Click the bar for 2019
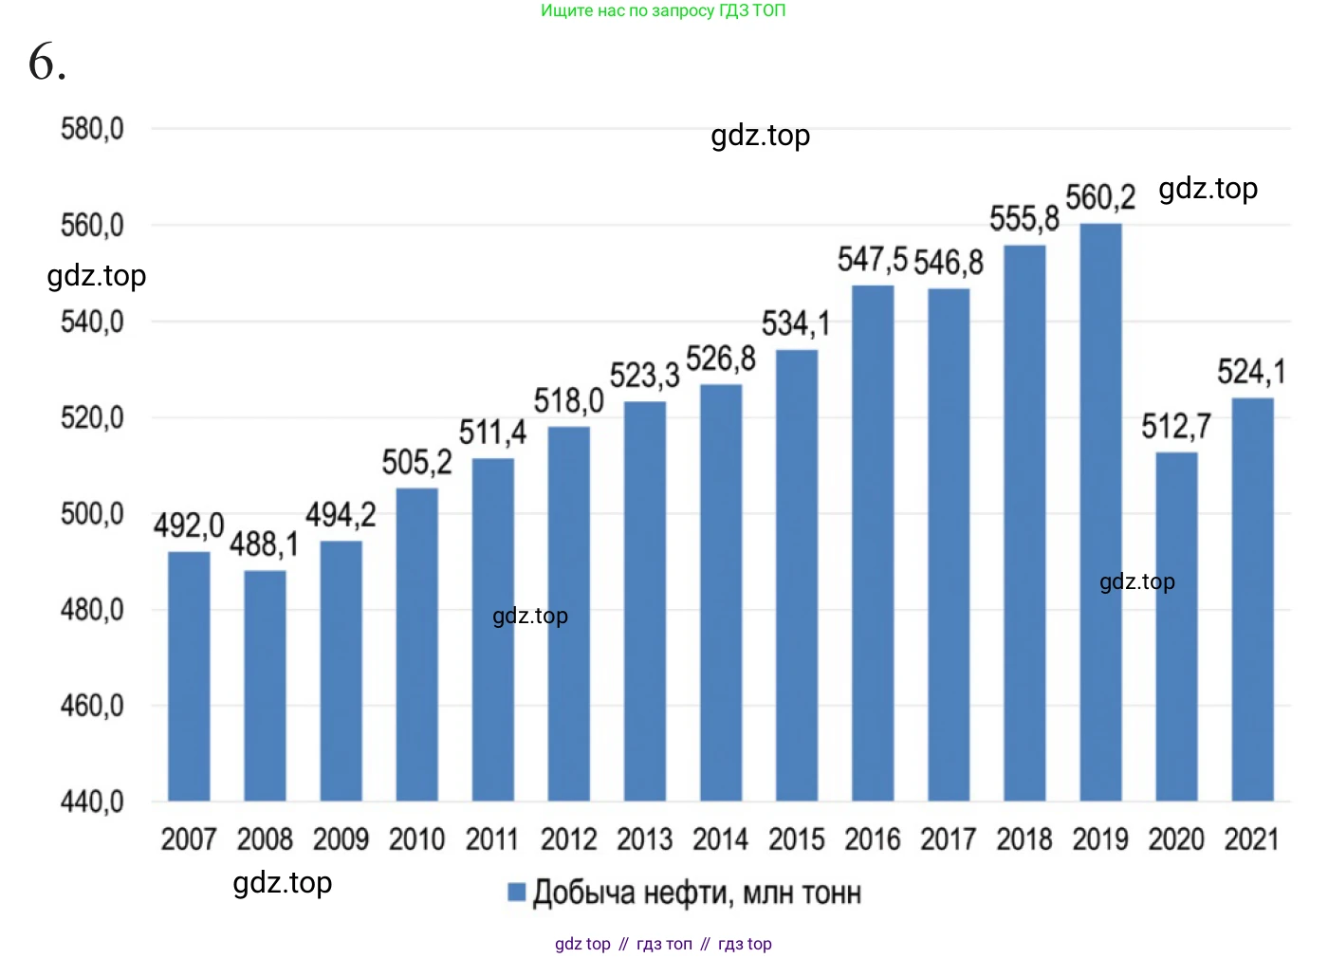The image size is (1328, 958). (x=1100, y=512)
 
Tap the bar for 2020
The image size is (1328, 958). (x=1176, y=626)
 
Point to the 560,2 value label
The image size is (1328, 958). (x=1100, y=198)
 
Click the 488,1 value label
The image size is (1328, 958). (x=264, y=544)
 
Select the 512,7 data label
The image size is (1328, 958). (x=1176, y=427)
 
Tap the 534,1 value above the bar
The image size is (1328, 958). (x=796, y=324)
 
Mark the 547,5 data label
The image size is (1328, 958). (x=872, y=260)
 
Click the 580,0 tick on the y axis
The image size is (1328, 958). (x=92, y=129)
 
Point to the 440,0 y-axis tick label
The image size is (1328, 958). (x=92, y=802)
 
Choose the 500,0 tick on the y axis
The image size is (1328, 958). (x=92, y=514)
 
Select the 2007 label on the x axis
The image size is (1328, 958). (x=189, y=839)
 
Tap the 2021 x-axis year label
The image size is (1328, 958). (x=1251, y=839)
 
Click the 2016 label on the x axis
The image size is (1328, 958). (x=873, y=839)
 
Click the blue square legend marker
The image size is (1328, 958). (x=517, y=893)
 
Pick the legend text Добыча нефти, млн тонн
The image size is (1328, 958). (x=697, y=893)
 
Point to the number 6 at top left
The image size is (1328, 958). (x=46, y=63)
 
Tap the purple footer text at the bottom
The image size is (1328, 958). (x=663, y=944)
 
